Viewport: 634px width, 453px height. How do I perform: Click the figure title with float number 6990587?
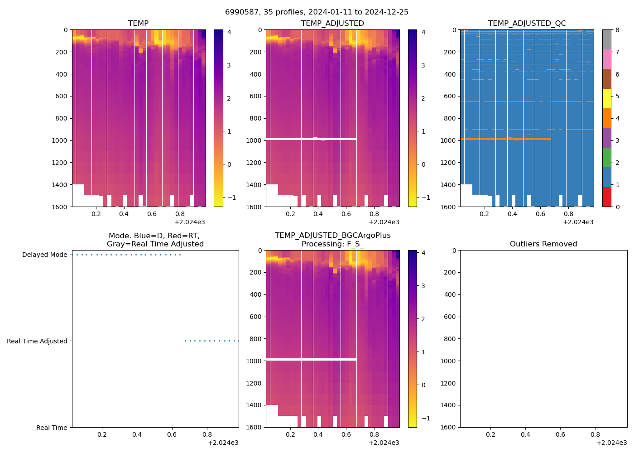coord(317,12)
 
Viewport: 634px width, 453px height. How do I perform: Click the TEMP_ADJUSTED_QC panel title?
coord(527,24)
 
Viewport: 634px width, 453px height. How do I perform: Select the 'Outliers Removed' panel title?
coord(543,244)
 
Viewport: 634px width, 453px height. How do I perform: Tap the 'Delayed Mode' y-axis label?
coord(44,255)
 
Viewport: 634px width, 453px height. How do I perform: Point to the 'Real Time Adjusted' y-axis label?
coord(37,342)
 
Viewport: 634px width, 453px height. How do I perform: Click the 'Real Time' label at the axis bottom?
coord(52,428)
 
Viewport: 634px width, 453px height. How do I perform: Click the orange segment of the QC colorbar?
coord(606,118)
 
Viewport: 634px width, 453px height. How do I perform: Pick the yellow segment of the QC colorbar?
coord(606,98)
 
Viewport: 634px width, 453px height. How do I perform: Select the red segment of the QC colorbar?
coord(606,197)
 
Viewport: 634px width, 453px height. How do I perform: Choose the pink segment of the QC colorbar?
coord(606,59)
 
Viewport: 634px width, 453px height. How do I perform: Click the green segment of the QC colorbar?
coord(606,158)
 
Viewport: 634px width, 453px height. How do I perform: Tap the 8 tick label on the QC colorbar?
coord(617,30)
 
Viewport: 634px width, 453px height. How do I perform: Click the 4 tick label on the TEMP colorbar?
coord(229,32)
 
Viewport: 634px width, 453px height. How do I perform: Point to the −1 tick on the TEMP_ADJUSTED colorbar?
coord(423,198)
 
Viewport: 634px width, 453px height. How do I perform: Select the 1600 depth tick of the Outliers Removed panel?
coord(448,427)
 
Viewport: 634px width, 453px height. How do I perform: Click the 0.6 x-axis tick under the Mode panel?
coord(172,435)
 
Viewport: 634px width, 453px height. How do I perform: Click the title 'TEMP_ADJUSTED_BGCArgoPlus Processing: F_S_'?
coord(332,240)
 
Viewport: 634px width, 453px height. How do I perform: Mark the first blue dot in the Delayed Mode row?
coord(77,255)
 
